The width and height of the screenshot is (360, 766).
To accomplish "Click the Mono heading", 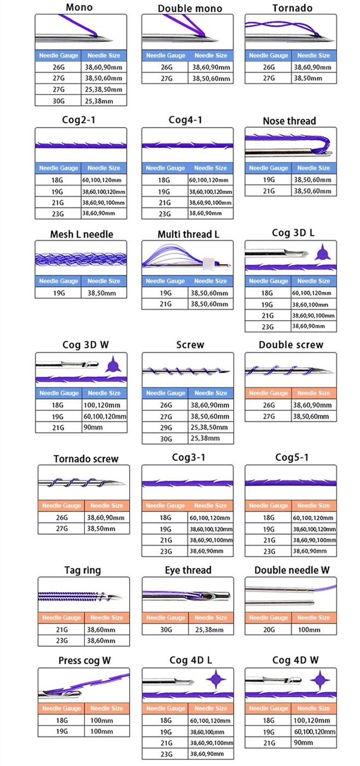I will click(79, 8).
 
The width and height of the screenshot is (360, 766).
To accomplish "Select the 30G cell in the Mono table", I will click(59, 101).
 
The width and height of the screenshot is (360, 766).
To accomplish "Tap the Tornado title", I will click(292, 8).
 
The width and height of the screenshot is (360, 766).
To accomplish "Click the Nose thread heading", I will click(289, 121).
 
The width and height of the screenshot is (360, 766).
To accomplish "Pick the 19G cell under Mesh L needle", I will click(59, 293).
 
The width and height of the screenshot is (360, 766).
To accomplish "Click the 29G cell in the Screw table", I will click(165, 427).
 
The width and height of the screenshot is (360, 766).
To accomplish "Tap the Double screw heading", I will click(291, 345).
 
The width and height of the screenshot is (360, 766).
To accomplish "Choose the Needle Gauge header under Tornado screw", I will click(61, 506).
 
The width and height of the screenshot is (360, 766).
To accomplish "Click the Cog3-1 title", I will click(188, 457).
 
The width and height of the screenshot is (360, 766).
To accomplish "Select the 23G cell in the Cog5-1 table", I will click(268, 551).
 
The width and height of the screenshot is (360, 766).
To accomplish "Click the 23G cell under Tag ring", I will click(61, 640).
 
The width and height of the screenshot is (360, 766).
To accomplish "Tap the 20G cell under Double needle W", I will click(268, 630).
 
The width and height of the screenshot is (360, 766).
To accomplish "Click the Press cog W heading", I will click(84, 660).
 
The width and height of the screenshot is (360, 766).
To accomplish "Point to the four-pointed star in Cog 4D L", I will click(217, 680).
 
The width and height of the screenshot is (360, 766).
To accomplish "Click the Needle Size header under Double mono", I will click(211, 55).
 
